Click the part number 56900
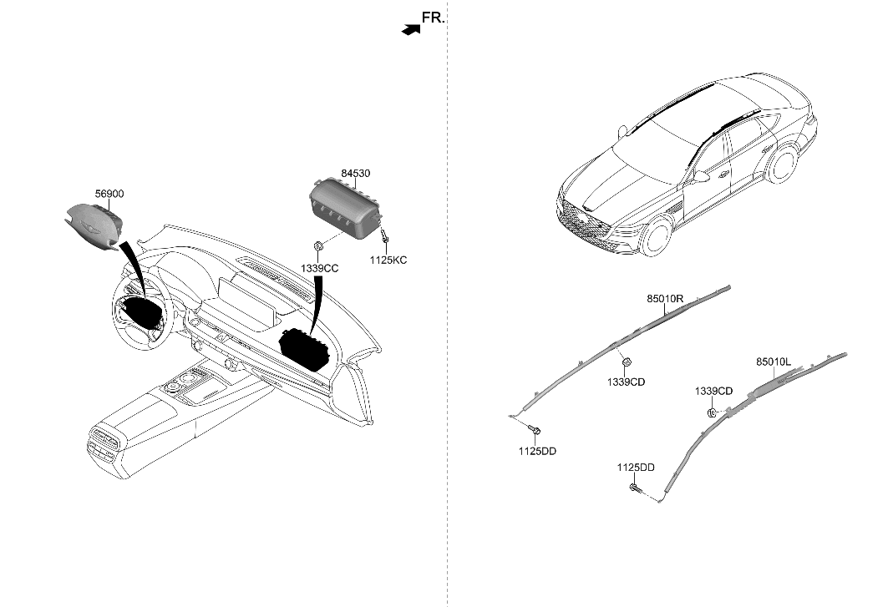109,194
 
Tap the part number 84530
355,174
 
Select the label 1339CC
319,268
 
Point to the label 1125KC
388,261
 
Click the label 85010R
666,298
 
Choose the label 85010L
774,362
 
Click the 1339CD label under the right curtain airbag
626,382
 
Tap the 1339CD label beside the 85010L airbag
713,392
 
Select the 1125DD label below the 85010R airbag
537,452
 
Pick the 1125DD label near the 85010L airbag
636,468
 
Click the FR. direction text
434,18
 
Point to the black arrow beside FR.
411,30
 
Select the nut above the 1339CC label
319,245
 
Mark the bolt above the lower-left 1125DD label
535,430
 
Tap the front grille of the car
582,221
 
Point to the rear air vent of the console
104,443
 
